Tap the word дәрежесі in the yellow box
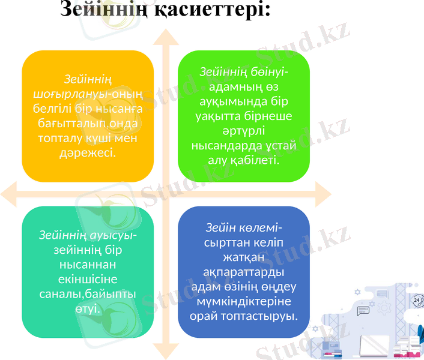coord(88,154)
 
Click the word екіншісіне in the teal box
coord(88,280)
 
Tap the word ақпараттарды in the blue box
coord(244,272)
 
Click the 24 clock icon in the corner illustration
coord(417,300)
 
